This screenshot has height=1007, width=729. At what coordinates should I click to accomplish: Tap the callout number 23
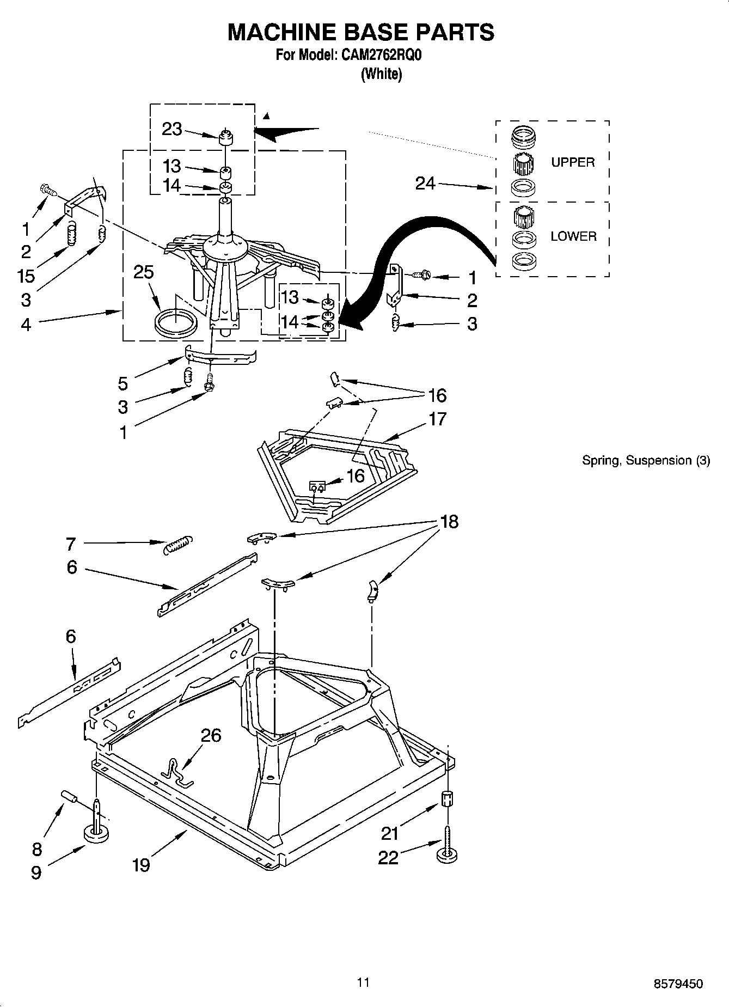click(171, 129)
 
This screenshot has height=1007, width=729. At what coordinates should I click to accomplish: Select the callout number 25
click(144, 272)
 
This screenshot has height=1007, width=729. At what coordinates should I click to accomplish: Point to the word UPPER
click(573, 162)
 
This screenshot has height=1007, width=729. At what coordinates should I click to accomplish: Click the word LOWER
click(573, 236)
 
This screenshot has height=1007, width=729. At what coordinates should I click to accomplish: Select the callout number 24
click(425, 184)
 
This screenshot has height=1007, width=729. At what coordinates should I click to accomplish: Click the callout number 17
click(437, 419)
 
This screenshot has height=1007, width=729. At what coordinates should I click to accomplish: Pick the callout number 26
click(211, 736)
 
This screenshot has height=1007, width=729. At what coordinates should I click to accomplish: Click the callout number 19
click(141, 864)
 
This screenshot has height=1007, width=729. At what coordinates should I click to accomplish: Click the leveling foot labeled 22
click(447, 856)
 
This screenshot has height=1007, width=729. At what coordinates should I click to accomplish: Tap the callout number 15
click(26, 276)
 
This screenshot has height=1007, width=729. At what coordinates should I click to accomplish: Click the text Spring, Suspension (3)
click(646, 461)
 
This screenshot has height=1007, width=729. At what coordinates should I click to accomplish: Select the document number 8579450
click(678, 984)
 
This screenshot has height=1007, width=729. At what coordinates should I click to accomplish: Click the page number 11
click(363, 982)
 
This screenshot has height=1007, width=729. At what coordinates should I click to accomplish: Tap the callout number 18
click(449, 522)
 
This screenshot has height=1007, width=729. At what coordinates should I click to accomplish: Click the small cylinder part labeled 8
click(69, 796)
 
